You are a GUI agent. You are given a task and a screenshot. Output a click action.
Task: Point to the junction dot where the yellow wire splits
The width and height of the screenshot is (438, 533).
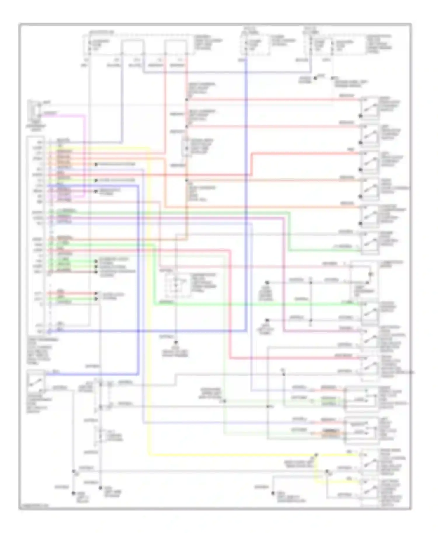click(316, 455)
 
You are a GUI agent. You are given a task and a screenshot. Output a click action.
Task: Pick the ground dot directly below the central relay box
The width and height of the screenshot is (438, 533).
click(176, 342)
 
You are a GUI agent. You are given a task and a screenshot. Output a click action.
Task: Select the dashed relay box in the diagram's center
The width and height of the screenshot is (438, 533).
click(176, 285)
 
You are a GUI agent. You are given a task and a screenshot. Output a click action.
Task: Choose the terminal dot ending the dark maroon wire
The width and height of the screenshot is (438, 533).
click(96, 272)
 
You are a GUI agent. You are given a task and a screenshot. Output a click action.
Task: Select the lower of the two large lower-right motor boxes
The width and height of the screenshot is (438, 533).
click(361, 430)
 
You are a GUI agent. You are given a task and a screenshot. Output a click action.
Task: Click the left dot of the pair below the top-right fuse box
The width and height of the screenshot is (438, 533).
click(315, 78)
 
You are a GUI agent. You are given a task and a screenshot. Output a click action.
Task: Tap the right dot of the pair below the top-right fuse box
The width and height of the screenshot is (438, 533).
click(332, 78)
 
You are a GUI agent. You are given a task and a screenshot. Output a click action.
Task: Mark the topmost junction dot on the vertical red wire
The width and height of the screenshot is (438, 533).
click(187, 100)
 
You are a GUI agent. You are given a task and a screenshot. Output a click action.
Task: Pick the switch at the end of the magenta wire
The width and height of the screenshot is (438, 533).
click(370, 337)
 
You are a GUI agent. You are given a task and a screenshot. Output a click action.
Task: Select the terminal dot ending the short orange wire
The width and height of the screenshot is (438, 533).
click(96, 164)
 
